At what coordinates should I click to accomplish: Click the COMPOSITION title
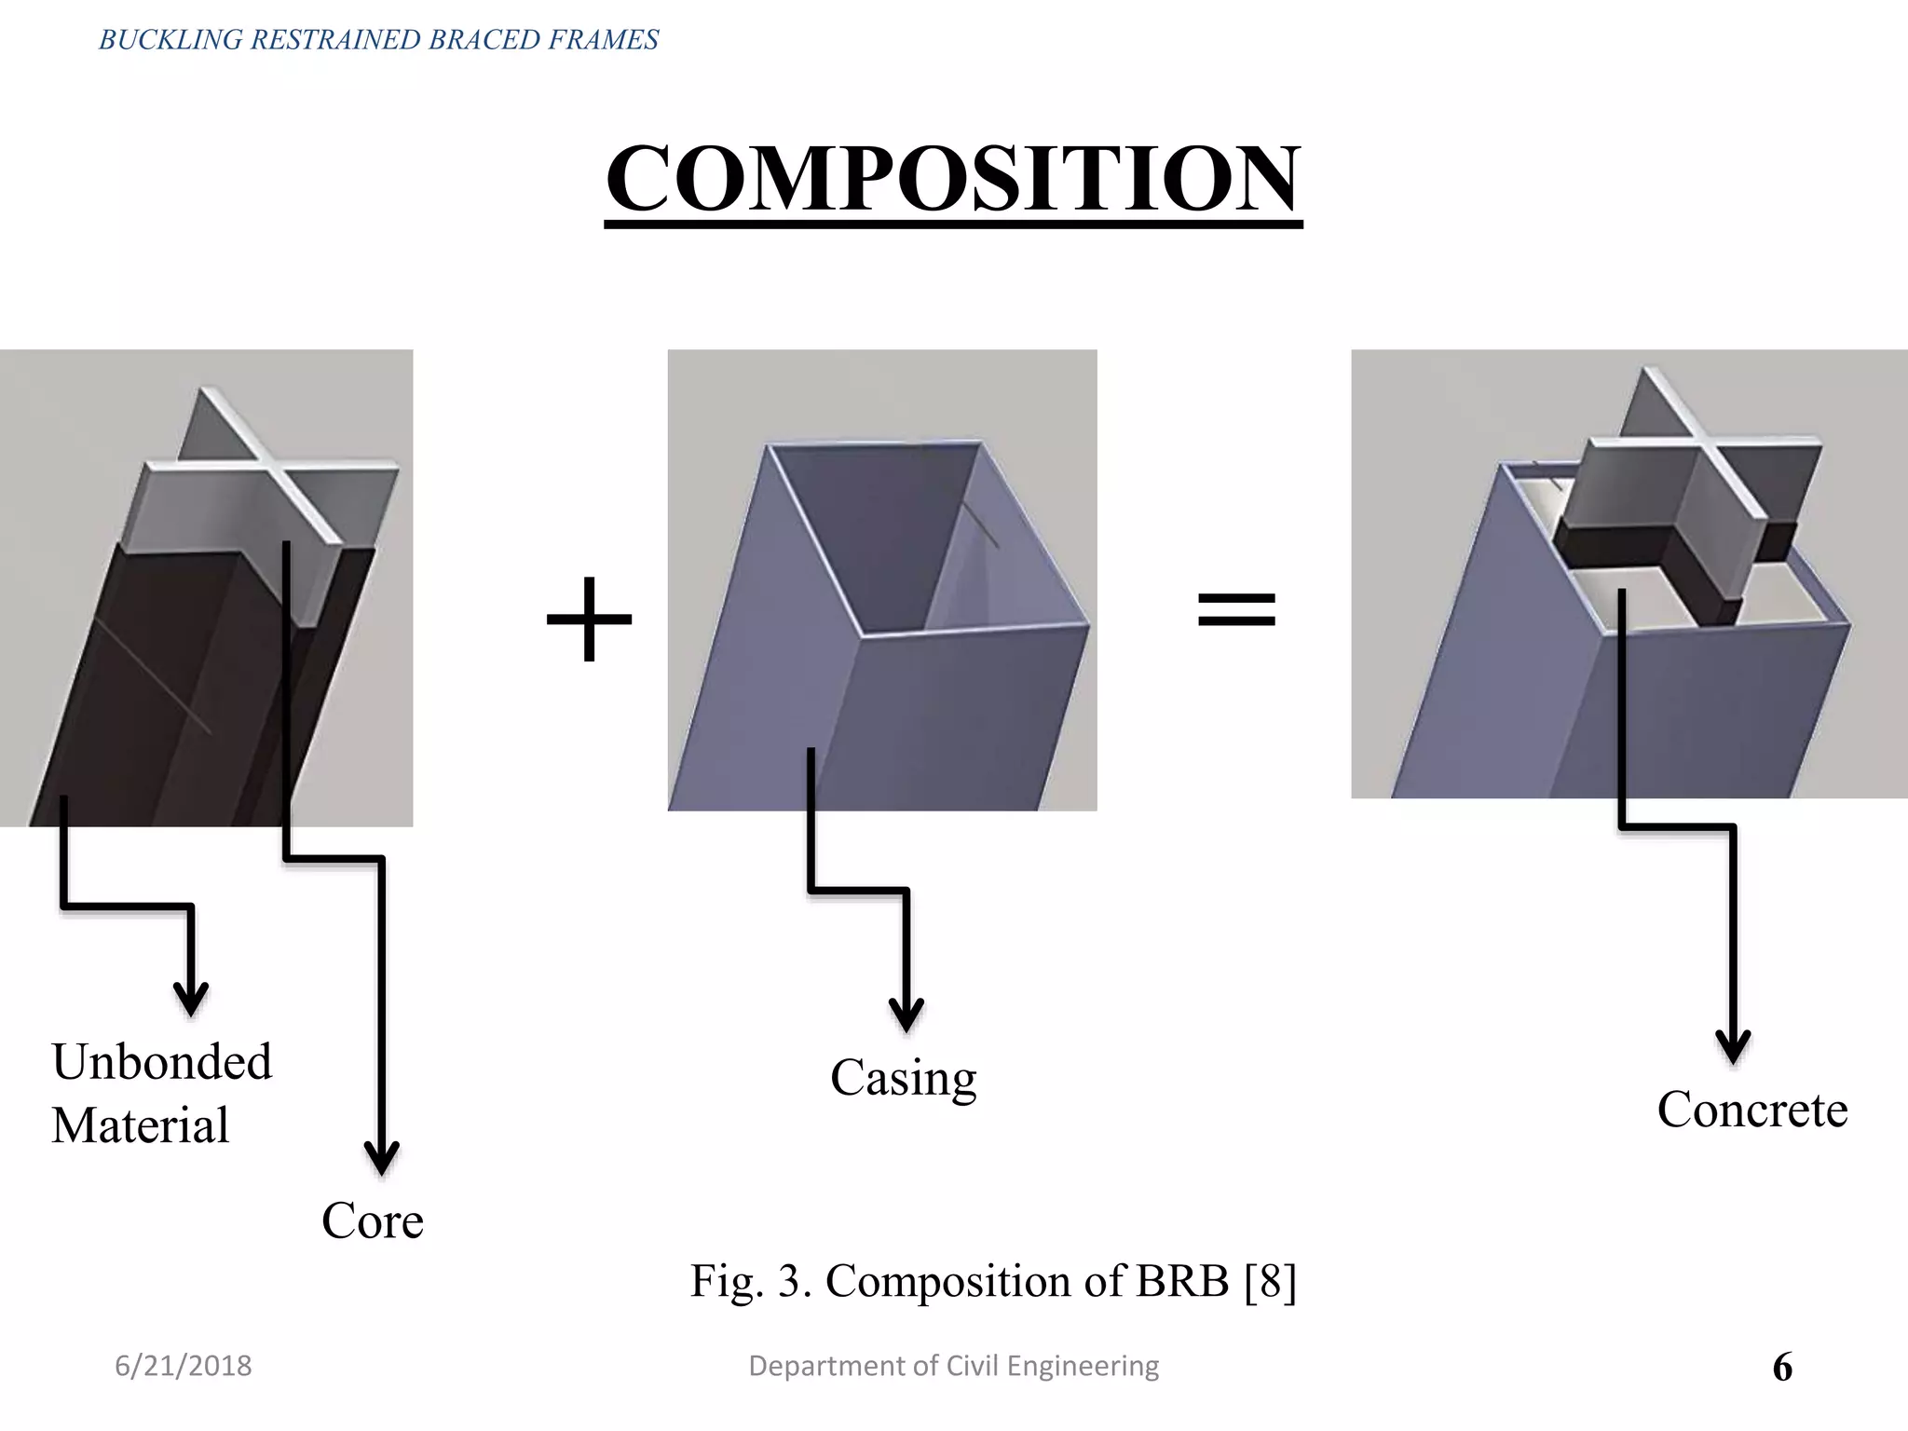[952, 179]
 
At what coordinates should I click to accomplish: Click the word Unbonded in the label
[162, 1062]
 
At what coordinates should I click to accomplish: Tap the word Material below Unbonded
[140, 1125]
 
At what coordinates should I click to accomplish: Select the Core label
[372, 1220]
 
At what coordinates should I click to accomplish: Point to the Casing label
[903, 1079]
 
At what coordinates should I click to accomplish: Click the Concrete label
[1751, 1110]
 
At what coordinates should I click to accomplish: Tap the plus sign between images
[589, 619]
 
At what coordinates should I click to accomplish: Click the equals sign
[1236, 610]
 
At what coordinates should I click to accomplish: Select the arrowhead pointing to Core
[381, 1159]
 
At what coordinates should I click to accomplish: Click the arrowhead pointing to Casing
[906, 1015]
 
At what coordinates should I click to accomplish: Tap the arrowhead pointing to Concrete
[1733, 1047]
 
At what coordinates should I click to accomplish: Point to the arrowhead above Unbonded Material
[191, 1000]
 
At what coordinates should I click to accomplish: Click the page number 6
[1781, 1368]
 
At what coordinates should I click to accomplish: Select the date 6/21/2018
[183, 1366]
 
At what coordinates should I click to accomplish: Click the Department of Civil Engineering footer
[953, 1366]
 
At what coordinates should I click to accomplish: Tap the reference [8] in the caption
[1270, 1281]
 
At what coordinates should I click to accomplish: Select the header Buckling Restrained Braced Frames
[378, 39]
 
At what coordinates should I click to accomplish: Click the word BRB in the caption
[1182, 1281]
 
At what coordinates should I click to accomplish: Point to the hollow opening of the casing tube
[876, 531]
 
